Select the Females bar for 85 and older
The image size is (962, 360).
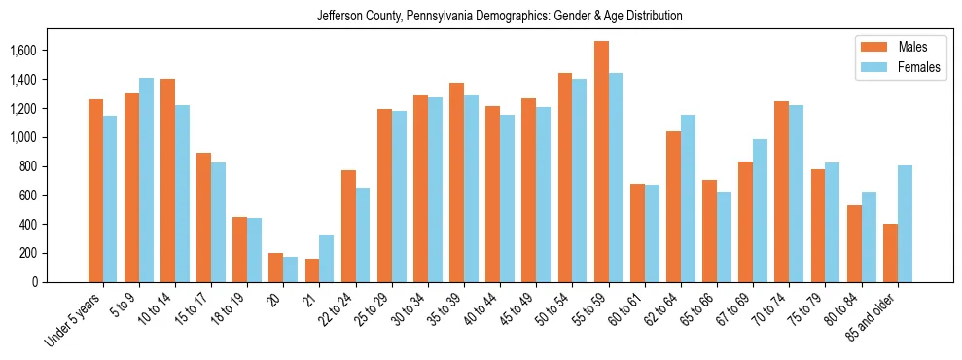click(x=905, y=224)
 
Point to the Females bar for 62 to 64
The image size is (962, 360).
click(x=688, y=198)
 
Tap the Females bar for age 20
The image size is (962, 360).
click(x=290, y=270)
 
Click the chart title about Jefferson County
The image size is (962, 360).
click(x=499, y=17)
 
